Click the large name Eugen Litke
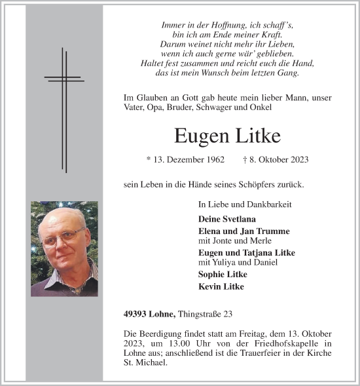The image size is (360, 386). [x=227, y=136]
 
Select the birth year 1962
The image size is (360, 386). [x=212, y=160]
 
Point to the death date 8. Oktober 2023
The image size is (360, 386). [x=279, y=160]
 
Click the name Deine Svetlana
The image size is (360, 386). [x=226, y=219]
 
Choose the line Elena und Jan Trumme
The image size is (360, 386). [x=243, y=231]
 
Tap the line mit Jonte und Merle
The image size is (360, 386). [x=230, y=241]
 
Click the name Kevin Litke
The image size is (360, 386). [x=221, y=287]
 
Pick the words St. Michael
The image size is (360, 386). [x=139, y=363]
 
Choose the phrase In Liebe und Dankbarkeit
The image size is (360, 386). [x=245, y=205]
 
